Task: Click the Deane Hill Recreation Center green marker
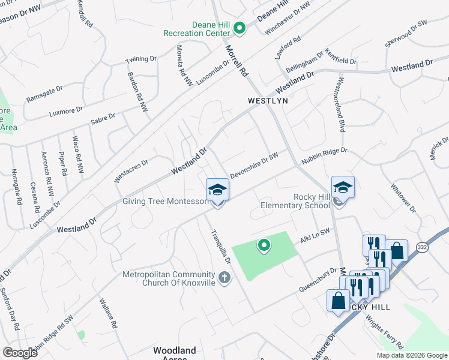click(x=239, y=28)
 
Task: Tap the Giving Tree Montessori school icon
click(x=217, y=190)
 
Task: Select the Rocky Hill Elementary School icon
click(x=343, y=187)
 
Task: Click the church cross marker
click(x=224, y=277)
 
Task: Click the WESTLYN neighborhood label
click(x=268, y=101)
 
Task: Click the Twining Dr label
click(x=140, y=60)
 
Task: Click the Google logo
click(x=19, y=353)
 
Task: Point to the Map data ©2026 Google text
click(x=411, y=355)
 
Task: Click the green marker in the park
click(x=263, y=245)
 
